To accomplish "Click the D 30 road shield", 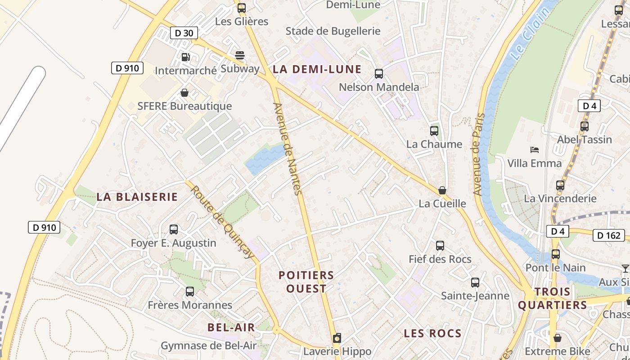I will (184, 33).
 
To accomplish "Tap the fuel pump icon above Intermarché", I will (185, 57).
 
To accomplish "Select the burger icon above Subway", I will (240, 55).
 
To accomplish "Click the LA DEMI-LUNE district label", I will (317, 69).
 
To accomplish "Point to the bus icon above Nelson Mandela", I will (379, 74).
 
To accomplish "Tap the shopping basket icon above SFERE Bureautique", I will (184, 93).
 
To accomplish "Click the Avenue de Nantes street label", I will (287, 148).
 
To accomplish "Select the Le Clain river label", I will (531, 34).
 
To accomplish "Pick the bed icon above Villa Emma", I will (535, 150).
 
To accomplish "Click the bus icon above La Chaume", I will (434, 131).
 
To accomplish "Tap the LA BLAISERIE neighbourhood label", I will (137, 197).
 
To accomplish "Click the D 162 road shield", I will (609, 235).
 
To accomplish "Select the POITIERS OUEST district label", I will (306, 282).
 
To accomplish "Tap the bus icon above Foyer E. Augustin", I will (174, 229).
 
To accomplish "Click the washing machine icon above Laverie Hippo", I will (337, 338).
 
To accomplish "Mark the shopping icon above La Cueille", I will (442, 190).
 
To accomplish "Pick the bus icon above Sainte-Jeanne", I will (475, 283).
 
